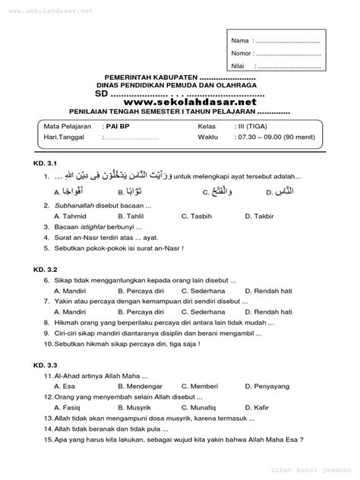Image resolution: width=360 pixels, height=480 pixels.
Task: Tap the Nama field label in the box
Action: [x=240, y=39]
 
